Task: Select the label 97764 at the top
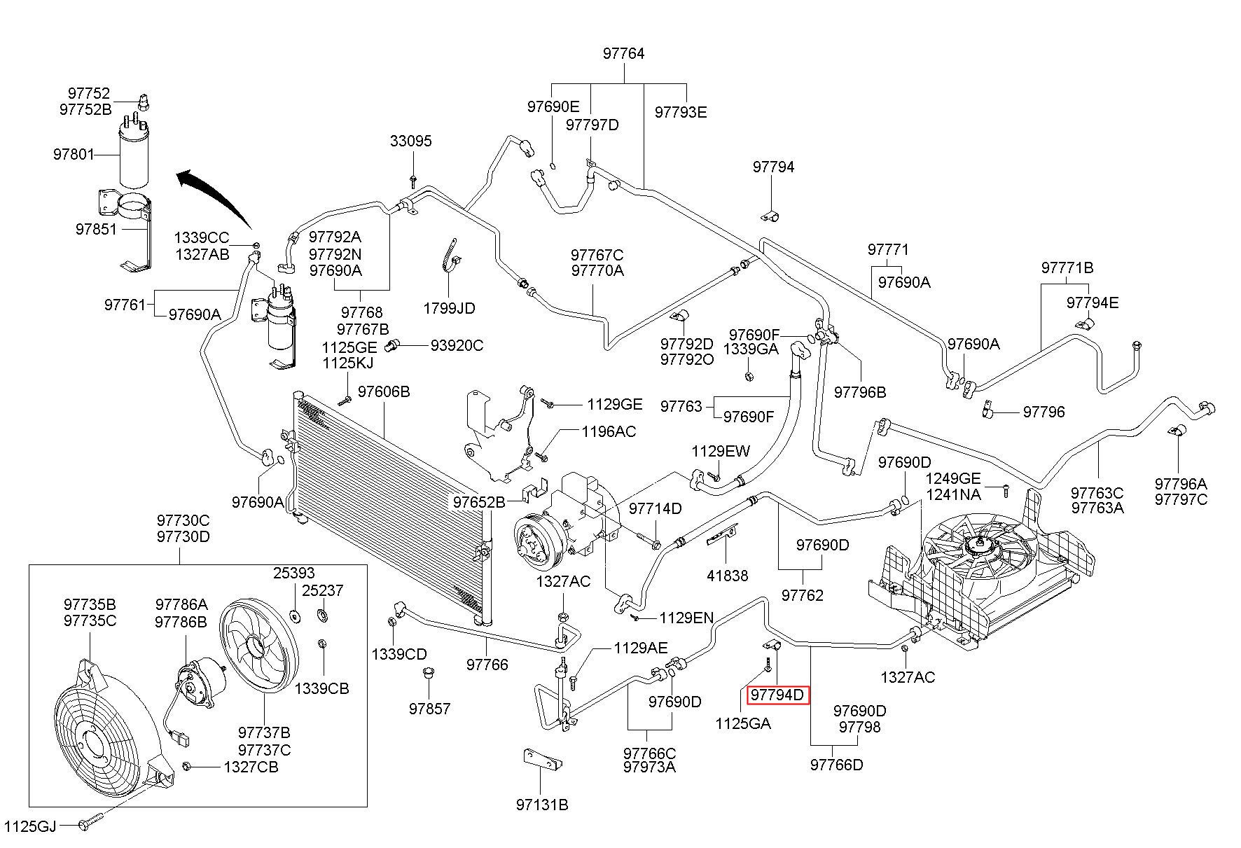point(623,54)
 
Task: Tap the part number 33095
point(411,141)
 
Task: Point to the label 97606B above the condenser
point(384,391)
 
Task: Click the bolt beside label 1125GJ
point(92,825)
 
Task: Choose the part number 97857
point(430,709)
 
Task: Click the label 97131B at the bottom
point(542,805)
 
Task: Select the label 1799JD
point(449,308)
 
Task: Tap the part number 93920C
point(457,345)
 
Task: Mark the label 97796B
point(860,392)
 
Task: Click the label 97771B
point(1067,267)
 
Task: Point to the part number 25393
point(294,573)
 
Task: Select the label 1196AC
point(609,431)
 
